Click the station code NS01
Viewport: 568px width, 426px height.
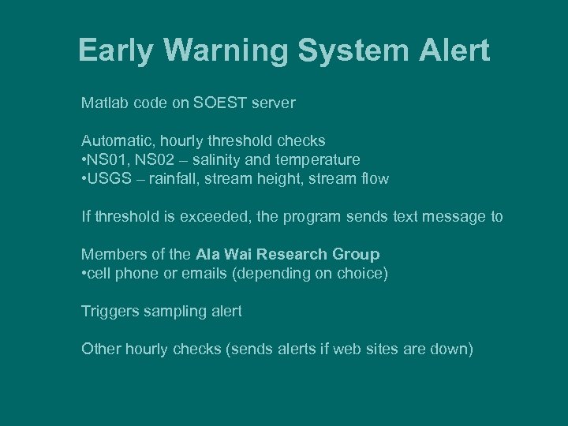(x=109, y=159)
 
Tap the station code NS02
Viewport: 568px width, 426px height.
(x=155, y=159)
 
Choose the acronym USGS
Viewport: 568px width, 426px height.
(x=108, y=178)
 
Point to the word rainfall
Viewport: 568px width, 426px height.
(x=167, y=178)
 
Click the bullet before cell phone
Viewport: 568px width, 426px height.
(x=84, y=273)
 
